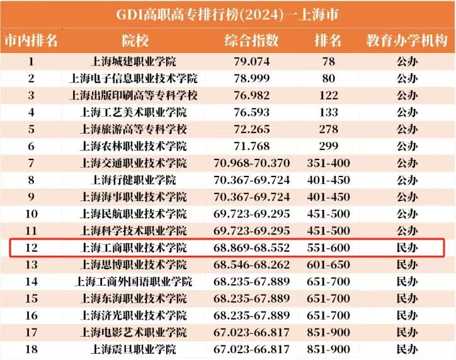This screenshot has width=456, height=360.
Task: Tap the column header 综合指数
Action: click(251, 40)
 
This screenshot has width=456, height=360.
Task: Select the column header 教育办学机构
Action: click(407, 40)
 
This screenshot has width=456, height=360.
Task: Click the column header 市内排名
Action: click(31, 40)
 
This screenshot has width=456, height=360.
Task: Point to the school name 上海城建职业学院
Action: click(134, 62)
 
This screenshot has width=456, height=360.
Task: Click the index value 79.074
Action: click(251, 62)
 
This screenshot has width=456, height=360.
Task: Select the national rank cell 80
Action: click(328, 79)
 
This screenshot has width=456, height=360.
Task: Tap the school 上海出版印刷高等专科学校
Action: click(134, 95)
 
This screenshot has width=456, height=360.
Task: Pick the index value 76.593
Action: click(251, 112)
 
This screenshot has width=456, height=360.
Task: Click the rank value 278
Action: click(328, 129)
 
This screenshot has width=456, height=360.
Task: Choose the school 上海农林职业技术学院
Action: click(134, 146)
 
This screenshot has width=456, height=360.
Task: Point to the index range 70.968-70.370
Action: click(251, 163)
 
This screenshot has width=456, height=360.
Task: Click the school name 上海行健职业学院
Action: click(134, 180)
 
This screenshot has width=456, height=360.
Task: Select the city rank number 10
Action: click(31, 214)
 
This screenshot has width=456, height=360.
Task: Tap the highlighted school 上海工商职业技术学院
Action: click(134, 248)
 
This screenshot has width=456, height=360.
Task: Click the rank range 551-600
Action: click(328, 248)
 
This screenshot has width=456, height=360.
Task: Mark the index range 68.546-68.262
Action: click(251, 265)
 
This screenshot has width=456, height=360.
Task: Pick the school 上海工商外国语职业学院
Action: click(134, 281)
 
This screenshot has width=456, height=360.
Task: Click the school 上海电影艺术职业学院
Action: click(134, 332)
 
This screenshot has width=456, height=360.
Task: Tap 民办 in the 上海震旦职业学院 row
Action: click(407, 349)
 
